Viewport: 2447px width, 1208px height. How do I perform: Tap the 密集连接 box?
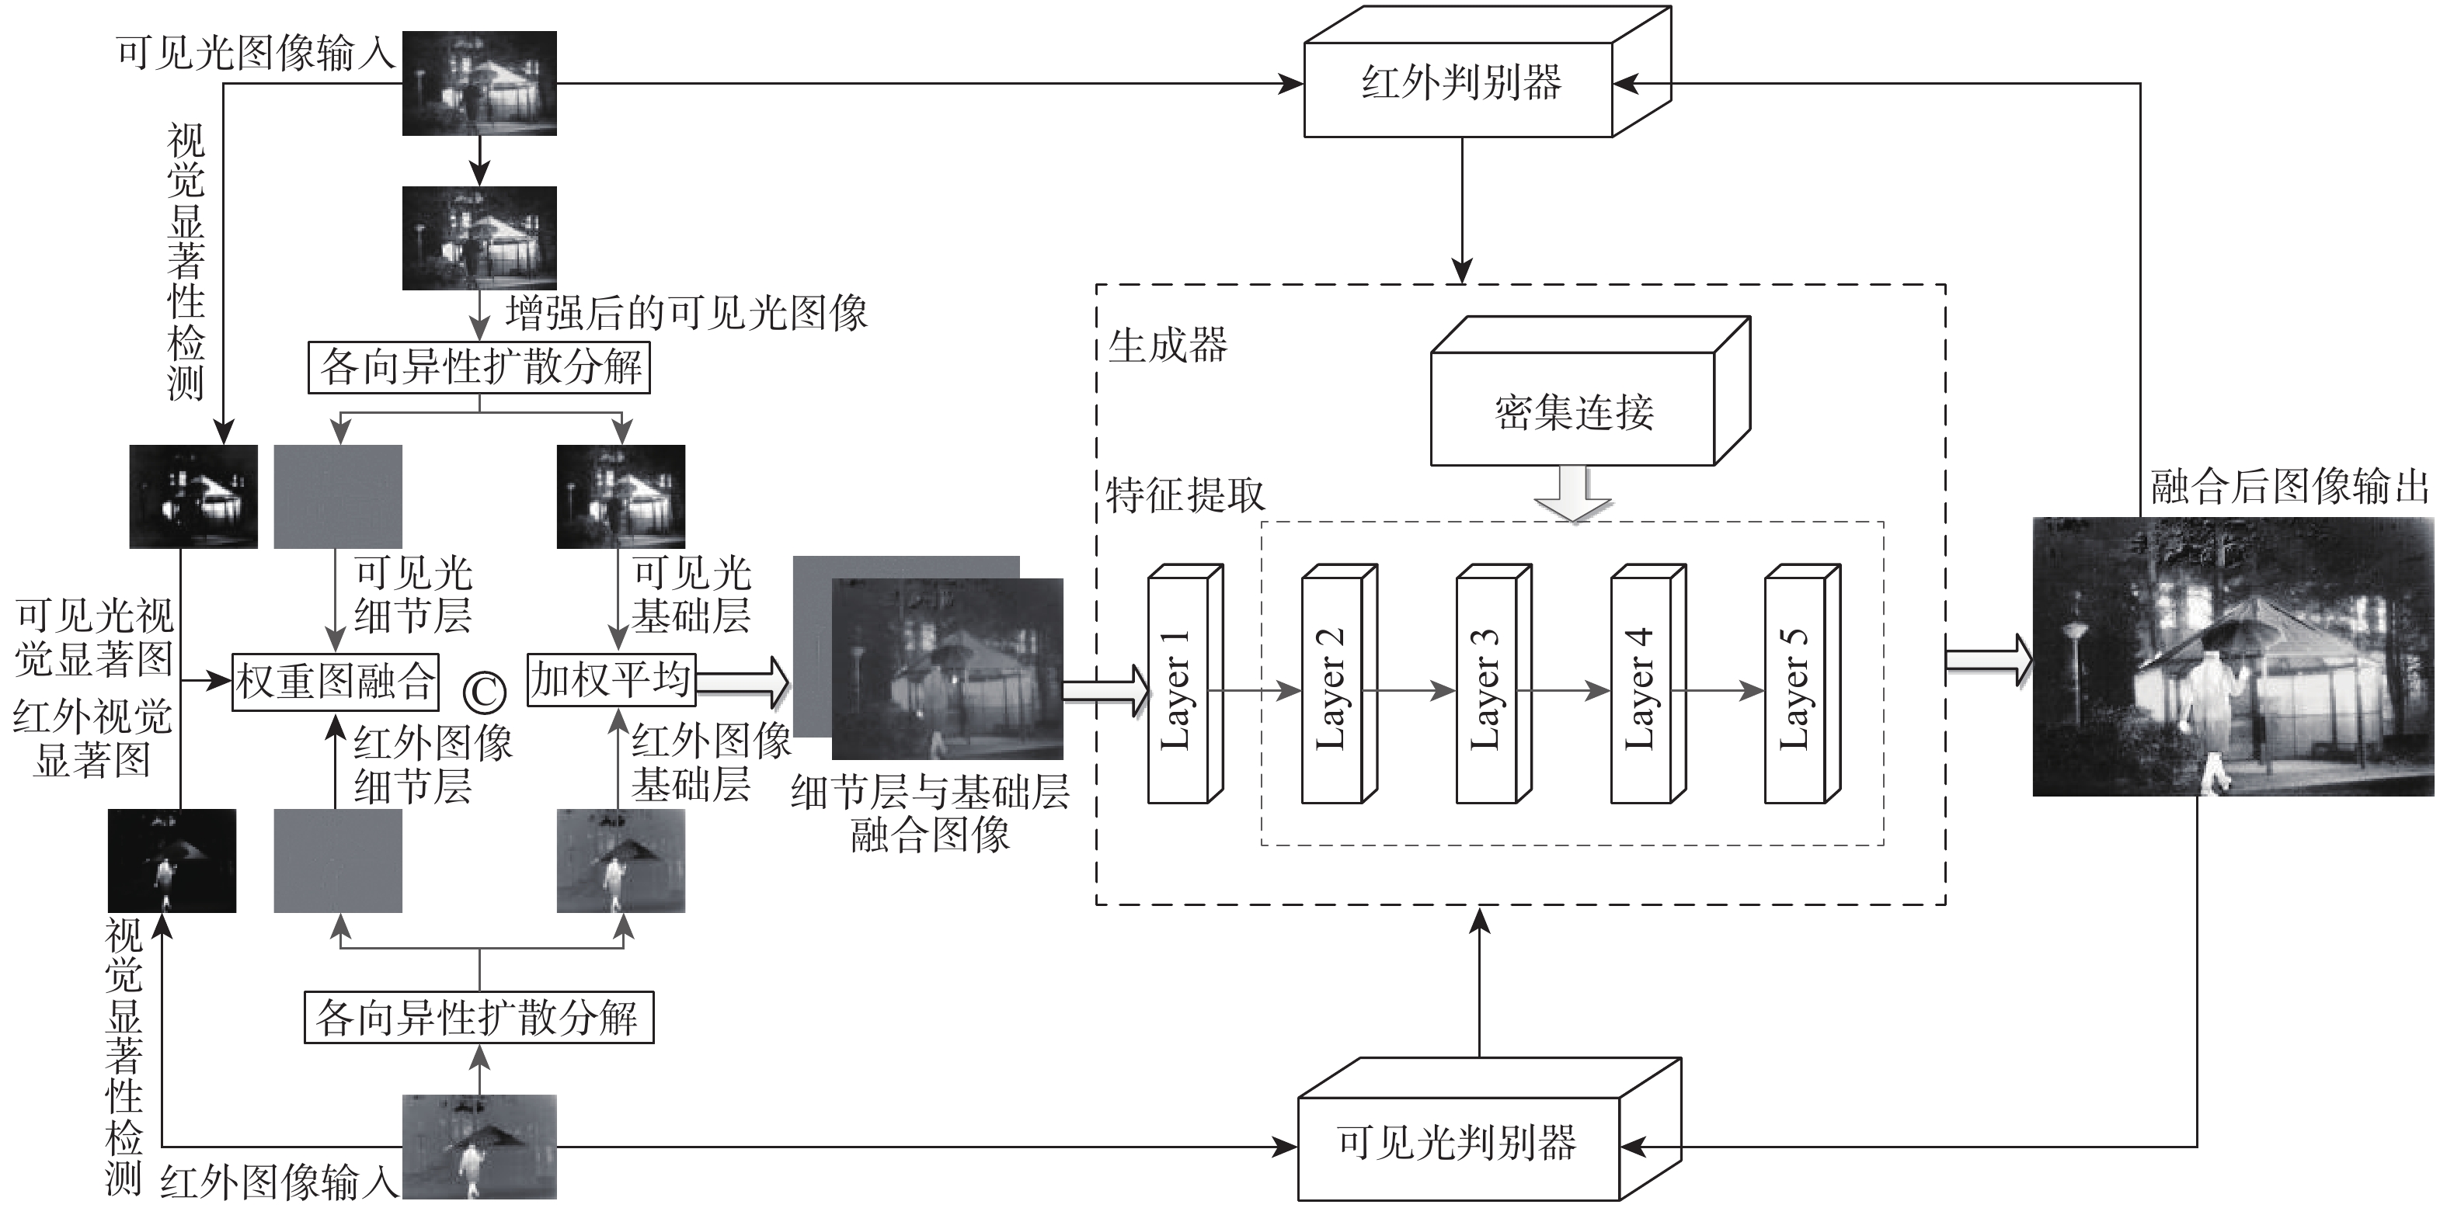[1573, 411]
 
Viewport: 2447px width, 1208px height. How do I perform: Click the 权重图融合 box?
[336, 681]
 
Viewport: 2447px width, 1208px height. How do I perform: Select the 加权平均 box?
[611, 679]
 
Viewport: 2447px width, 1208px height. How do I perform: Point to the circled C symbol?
[485, 693]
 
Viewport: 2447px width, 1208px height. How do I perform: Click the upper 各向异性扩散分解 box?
[479, 366]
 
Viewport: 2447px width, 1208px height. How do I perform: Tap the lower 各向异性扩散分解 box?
[479, 1018]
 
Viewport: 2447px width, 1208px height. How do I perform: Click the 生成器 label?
[1168, 345]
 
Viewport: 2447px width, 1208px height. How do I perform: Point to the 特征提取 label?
[1185, 495]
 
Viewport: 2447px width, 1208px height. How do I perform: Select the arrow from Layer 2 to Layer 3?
[1415, 690]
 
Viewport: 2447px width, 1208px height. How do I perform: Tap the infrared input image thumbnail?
[479, 1146]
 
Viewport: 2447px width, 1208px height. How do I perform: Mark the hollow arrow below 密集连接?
[1573, 494]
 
